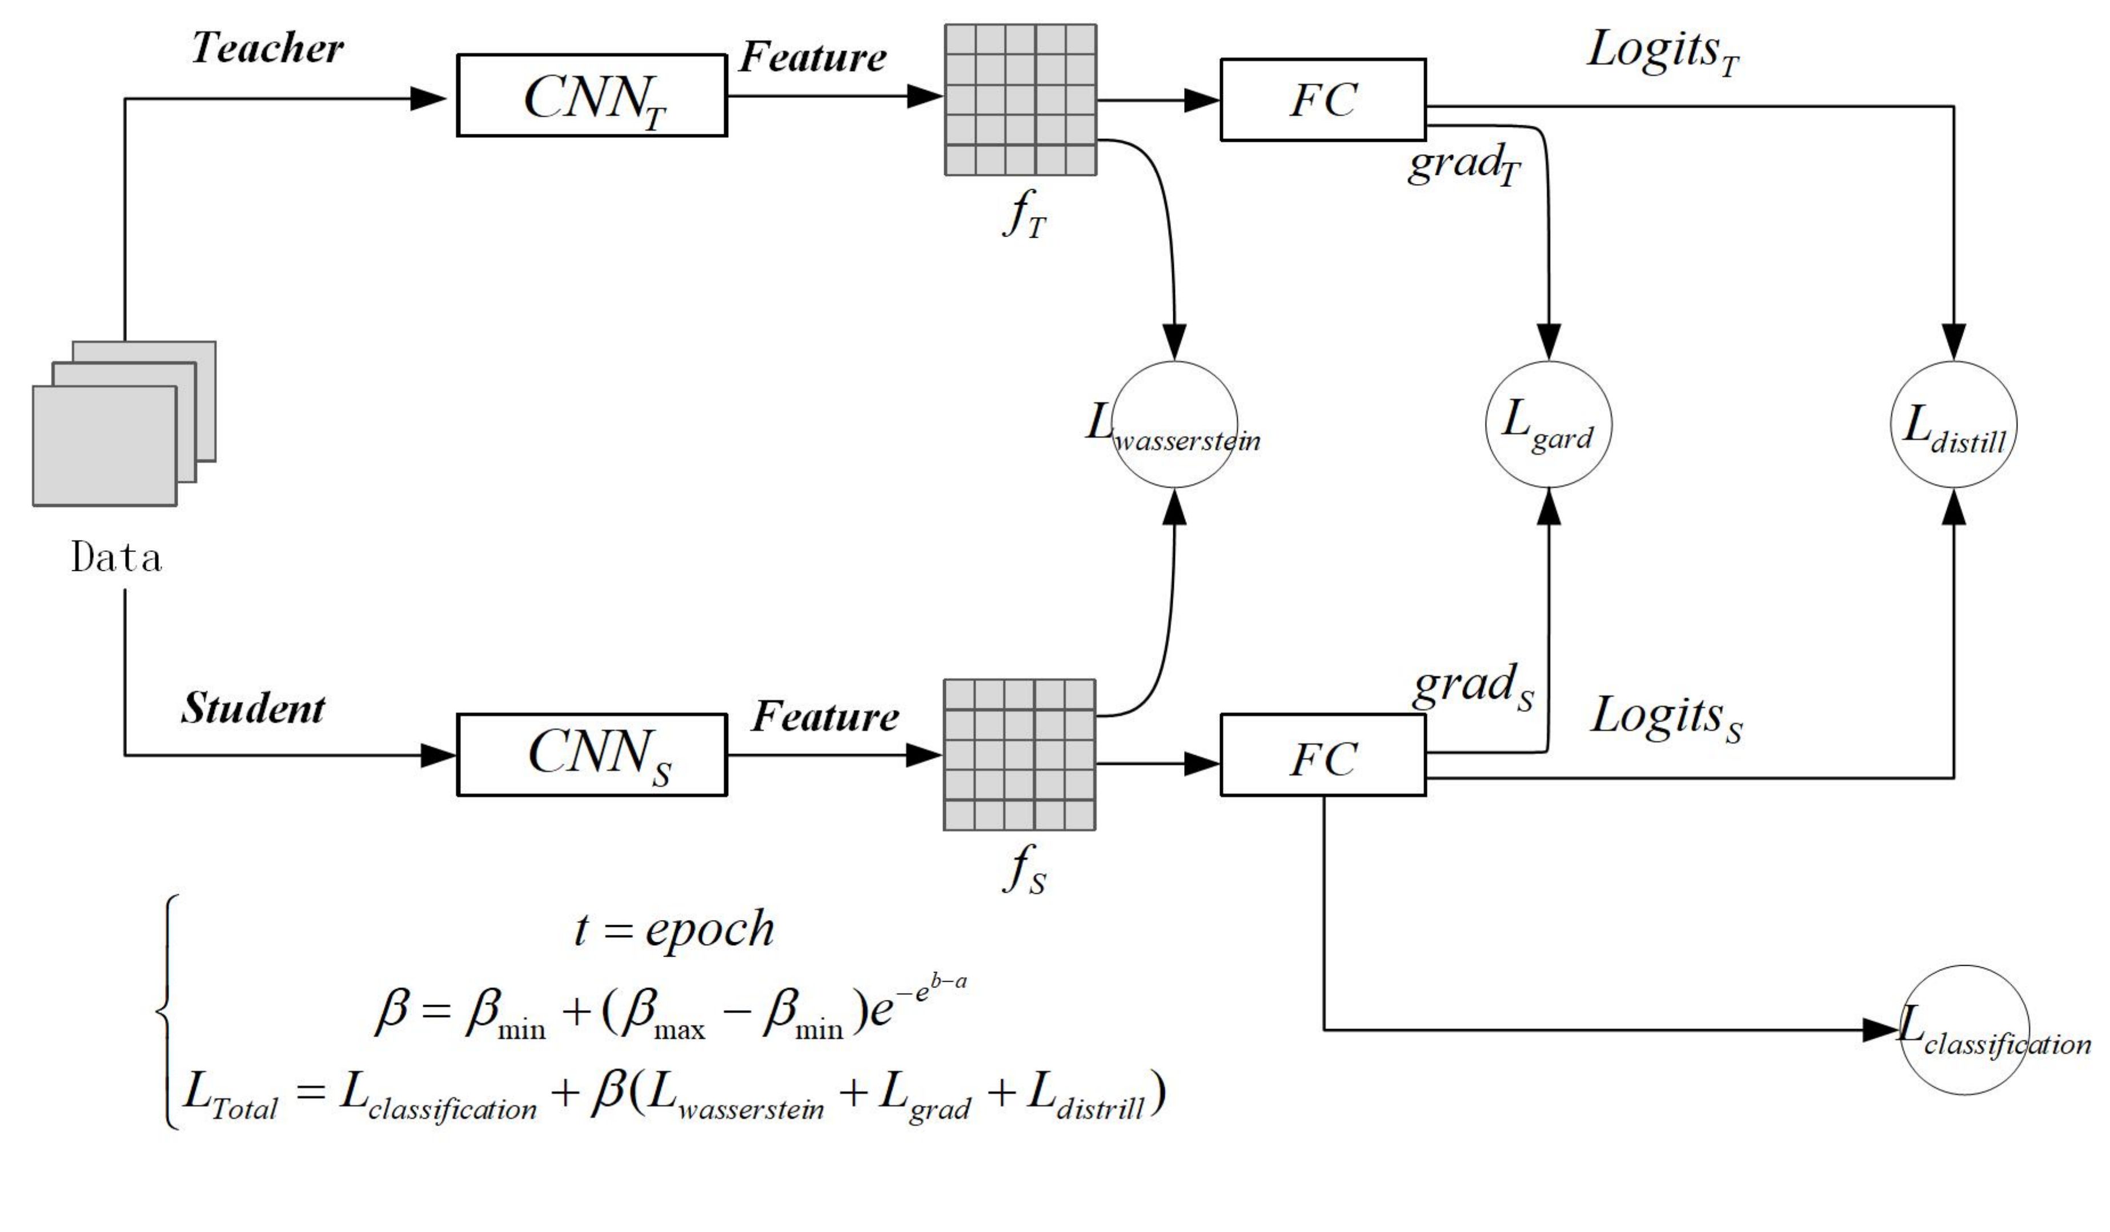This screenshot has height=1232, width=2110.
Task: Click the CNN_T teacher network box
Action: tap(591, 95)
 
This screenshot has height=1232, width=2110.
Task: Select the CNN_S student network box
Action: tap(591, 755)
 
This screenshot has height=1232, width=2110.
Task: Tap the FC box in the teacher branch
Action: tap(1323, 99)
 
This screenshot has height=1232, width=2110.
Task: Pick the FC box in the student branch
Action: tap(1323, 755)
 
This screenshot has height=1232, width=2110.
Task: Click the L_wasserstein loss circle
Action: tap(1175, 425)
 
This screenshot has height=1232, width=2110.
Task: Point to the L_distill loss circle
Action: tap(1953, 425)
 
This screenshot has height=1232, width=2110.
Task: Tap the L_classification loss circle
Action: tap(1964, 1030)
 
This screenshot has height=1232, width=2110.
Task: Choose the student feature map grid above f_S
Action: tap(1020, 755)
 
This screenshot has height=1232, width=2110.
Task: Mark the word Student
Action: tap(253, 709)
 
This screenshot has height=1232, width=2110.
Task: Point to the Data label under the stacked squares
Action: tap(117, 558)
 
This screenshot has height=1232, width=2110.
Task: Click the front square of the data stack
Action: tap(105, 446)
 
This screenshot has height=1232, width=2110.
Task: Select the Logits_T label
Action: tap(1663, 50)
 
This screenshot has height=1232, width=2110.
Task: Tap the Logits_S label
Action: tap(1666, 717)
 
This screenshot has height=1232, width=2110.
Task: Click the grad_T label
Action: tap(1463, 163)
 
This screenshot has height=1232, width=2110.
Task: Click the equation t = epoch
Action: tap(675, 929)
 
